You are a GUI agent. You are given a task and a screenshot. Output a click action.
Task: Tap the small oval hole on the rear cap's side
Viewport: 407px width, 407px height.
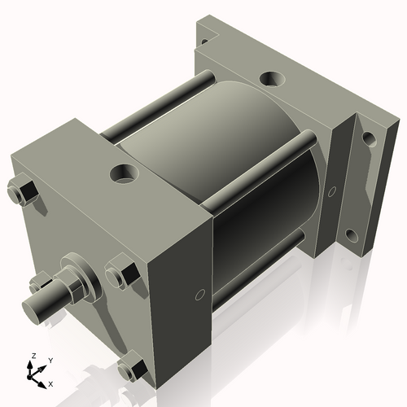coord(331,193)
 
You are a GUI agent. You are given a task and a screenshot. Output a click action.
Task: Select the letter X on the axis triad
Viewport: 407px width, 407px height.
coord(51,383)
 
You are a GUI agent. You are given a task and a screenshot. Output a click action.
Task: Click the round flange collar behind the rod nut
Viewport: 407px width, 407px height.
coord(90,277)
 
